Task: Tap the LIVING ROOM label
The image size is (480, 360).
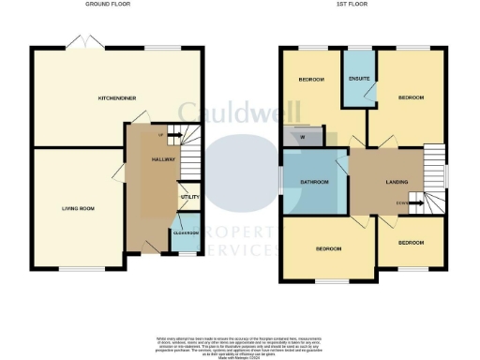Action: tap(81, 208)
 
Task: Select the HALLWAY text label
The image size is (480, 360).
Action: tap(151, 160)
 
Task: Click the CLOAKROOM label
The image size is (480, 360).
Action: tap(186, 232)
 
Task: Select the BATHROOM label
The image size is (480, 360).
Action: tap(314, 182)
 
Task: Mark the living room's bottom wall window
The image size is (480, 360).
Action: tap(80, 269)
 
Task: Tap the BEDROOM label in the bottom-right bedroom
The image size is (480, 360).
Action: tap(410, 241)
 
